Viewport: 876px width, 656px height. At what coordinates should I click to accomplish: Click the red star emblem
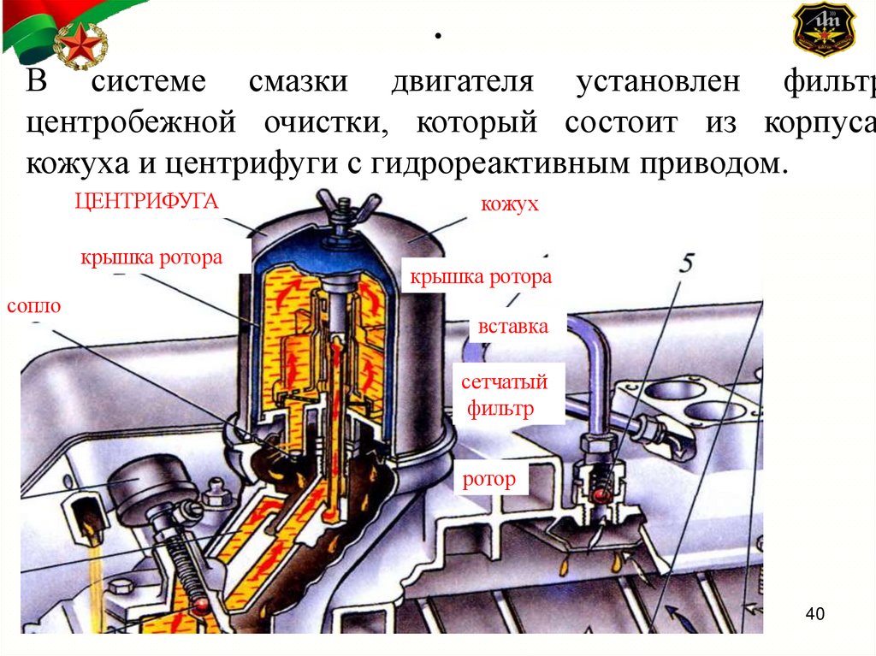[80, 44]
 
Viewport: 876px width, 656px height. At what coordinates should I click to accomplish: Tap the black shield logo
[824, 30]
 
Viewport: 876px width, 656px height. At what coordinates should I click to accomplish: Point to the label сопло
[33, 305]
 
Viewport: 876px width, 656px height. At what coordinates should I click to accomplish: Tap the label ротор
[489, 479]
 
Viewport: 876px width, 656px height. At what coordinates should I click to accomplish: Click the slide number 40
[814, 614]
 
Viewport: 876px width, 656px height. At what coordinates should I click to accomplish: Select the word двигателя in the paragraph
[462, 83]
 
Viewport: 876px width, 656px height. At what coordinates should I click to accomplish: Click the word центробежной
[131, 122]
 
